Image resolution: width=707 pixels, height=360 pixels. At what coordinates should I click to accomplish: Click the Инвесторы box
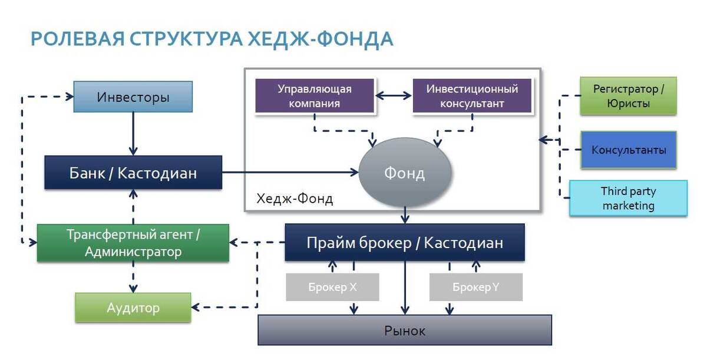(x=133, y=97)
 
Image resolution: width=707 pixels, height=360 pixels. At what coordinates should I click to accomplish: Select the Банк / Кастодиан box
(x=133, y=173)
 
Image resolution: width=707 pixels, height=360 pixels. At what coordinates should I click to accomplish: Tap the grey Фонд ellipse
(x=405, y=173)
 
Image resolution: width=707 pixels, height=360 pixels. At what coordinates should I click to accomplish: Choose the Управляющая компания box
(x=315, y=95)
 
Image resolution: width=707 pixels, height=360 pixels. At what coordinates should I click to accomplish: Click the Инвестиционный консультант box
(x=472, y=95)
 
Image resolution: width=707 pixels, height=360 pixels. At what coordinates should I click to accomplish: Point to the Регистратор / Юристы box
(x=628, y=95)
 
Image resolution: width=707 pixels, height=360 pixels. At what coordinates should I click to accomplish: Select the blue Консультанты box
(x=628, y=150)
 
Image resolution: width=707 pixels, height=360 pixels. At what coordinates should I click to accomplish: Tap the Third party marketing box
(x=628, y=199)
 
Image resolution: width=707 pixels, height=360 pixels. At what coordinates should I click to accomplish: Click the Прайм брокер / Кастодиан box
(x=405, y=242)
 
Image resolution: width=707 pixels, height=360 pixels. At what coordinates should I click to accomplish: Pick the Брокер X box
(x=332, y=288)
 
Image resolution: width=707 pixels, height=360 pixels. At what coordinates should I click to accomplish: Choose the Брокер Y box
(x=475, y=288)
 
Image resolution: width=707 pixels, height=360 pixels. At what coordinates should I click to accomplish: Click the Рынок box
(x=405, y=330)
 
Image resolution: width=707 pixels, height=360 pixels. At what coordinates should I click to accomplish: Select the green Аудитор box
(x=133, y=308)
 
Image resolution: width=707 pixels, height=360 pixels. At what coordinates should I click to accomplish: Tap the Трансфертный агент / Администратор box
(x=133, y=243)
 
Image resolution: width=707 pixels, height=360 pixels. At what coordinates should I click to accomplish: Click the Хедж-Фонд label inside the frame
(x=295, y=199)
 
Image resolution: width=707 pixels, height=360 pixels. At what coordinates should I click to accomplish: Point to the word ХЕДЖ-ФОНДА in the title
(x=321, y=39)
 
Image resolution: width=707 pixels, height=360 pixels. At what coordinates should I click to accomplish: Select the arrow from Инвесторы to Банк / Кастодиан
(x=133, y=134)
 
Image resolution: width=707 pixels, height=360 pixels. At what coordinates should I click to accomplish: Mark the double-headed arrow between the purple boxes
(x=394, y=95)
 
